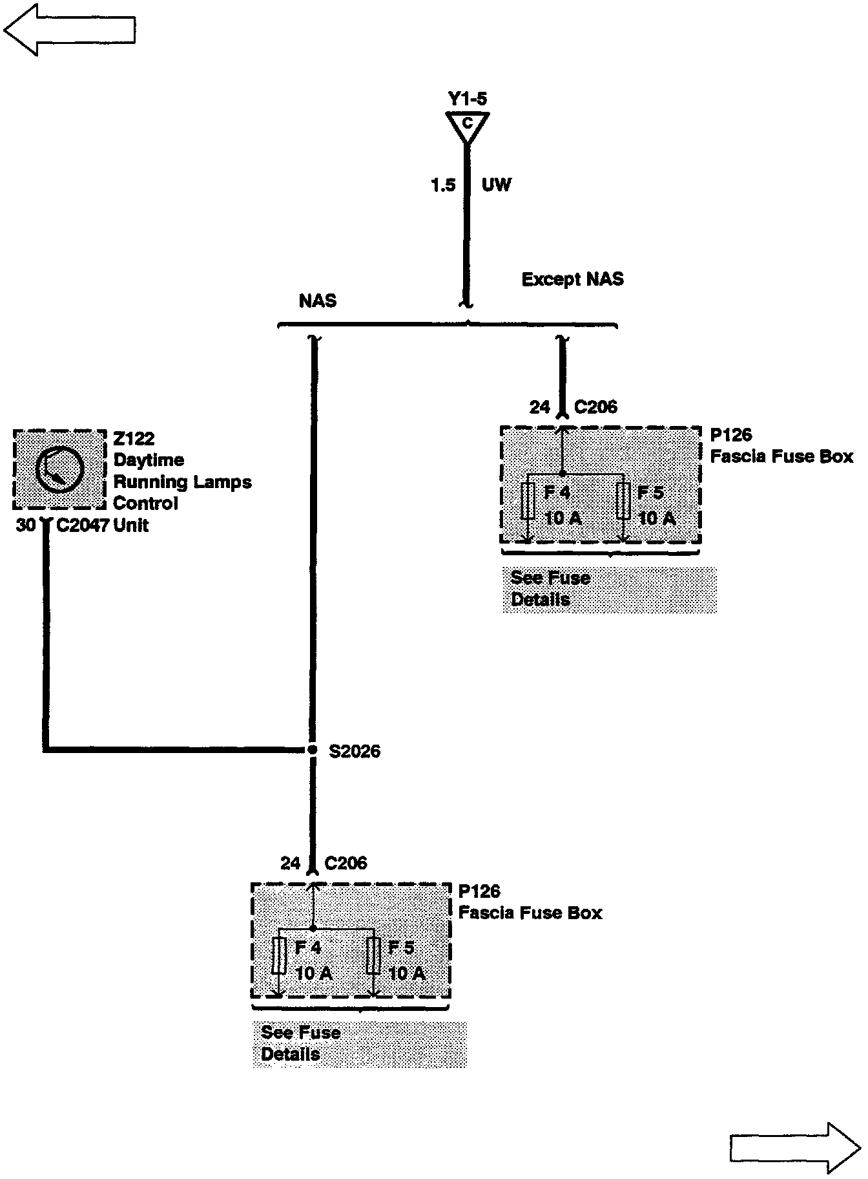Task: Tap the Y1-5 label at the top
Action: (x=467, y=99)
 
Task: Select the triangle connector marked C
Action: (x=467, y=125)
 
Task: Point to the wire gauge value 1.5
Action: (x=443, y=186)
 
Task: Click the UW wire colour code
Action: (x=496, y=186)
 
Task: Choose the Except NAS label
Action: (x=572, y=279)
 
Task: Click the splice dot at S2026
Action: (x=313, y=750)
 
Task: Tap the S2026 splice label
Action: (x=355, y=751)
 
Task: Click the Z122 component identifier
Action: (x=134, y=439)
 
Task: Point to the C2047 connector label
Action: (x=83, y=526)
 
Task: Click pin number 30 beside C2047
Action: (x=26, y=526)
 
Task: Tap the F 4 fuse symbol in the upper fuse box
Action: (x=528, y=500)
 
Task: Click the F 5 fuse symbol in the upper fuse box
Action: (x=623, y=500)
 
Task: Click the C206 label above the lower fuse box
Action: (x=346, y=863)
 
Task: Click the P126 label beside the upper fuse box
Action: (x=730, y=435)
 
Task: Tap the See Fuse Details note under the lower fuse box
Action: (x=300, y=1043)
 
